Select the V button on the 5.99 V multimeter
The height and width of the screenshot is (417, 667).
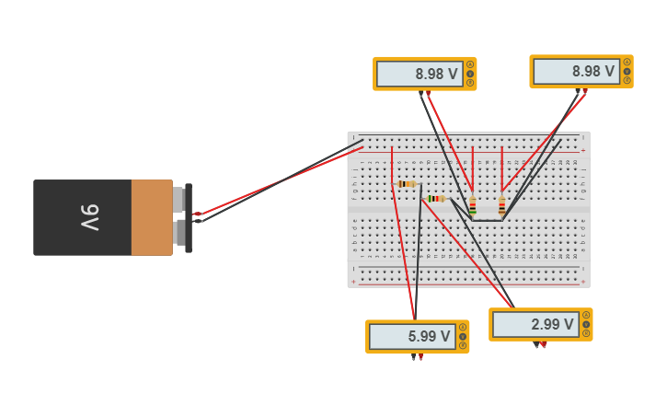coord(463,336)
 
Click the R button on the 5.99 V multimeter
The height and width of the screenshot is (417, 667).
coord(463,345)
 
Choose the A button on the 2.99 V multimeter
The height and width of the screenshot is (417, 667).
coord(586,315)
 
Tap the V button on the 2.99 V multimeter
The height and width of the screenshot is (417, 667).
coord(586,324)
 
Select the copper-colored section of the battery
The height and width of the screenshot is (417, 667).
coord(151,217)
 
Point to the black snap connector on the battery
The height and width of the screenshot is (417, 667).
coord(188,217)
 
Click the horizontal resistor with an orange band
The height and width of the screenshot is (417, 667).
coord(406,184)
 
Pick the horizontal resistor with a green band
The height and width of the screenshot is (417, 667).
coord(434,198)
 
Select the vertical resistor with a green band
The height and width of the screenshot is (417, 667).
coord(473,206)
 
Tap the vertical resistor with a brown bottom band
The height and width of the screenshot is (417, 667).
coord(501,206)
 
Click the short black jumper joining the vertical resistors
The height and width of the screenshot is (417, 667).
coord(487,220)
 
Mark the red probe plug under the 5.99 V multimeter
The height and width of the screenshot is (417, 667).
coord(420,357)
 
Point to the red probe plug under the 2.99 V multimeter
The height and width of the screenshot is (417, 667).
coord(544,345)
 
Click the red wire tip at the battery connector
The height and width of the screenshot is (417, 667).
coord(197,214)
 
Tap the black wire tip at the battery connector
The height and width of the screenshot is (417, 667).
coord(197,221)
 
